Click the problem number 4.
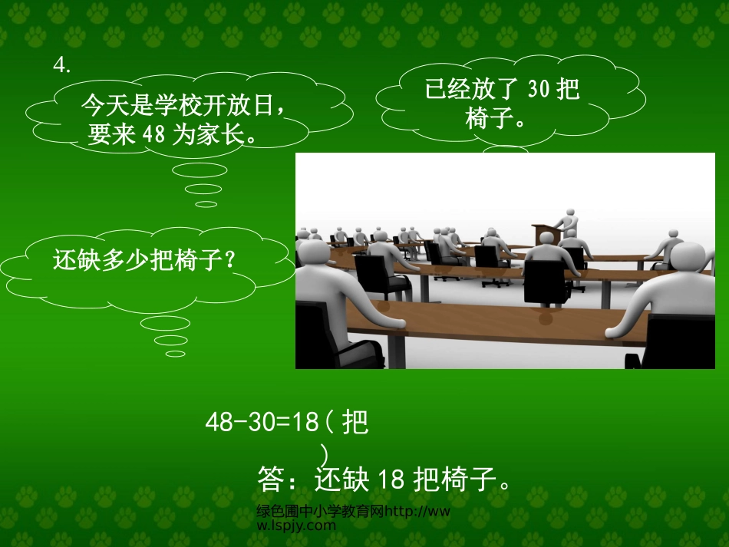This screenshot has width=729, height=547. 61,67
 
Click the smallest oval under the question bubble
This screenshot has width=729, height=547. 176,354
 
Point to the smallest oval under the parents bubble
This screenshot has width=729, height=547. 206,203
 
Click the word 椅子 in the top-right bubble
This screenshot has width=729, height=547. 488,118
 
